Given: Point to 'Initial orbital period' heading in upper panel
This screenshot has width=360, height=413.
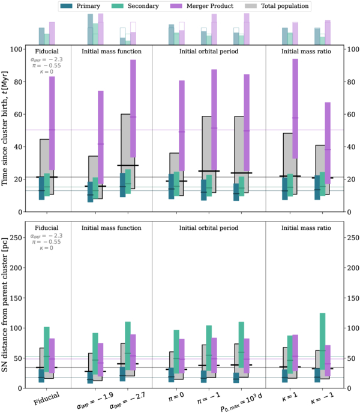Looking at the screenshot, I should coord(208,52).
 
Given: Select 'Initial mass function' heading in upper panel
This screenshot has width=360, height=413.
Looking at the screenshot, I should coord(112,52).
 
